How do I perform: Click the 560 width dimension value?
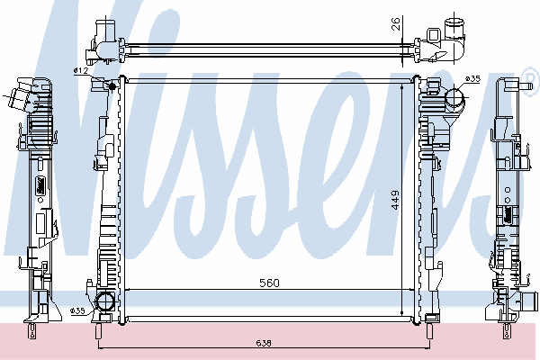pos(269,283)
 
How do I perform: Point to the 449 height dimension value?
pos(395,200)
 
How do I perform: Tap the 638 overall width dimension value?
pos(264,343)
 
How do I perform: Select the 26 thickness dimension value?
pos(396,23)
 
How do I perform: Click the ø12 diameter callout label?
pos(81,70)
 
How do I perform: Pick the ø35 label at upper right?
pos(472,79)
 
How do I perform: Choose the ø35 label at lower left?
pos(77,311)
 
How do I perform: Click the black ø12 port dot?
pos(112,85)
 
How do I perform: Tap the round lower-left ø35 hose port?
pos(104,301)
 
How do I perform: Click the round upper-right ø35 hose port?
pos(454,97)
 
